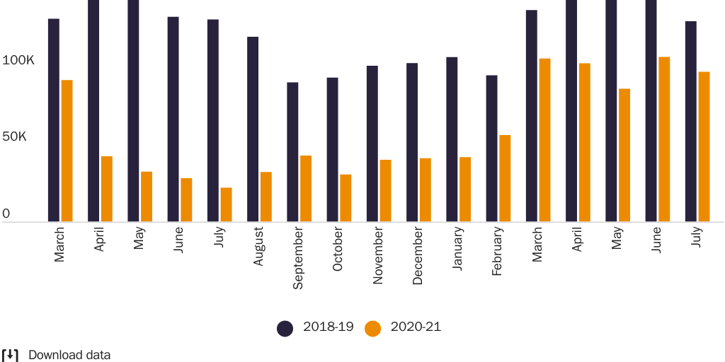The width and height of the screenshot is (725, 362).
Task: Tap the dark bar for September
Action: point(292,152)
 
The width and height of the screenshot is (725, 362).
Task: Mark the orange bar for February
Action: point(505,178)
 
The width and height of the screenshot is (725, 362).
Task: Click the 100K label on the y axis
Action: point(18,61)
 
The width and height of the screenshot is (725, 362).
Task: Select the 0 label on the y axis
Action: point(6,214)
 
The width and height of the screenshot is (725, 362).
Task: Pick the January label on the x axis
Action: point(457,248)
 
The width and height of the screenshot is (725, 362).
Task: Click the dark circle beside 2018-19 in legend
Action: point(285,328)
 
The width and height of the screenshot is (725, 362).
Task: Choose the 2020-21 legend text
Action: point(416,327)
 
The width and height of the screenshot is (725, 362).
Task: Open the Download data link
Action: point(69,355)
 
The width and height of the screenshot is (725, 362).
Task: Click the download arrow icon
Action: point(10,355)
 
